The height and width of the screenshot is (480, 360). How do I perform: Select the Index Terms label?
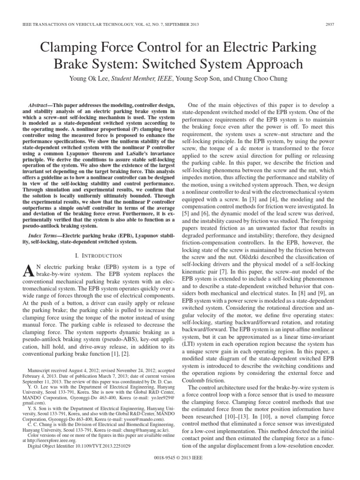pos(45,235)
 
